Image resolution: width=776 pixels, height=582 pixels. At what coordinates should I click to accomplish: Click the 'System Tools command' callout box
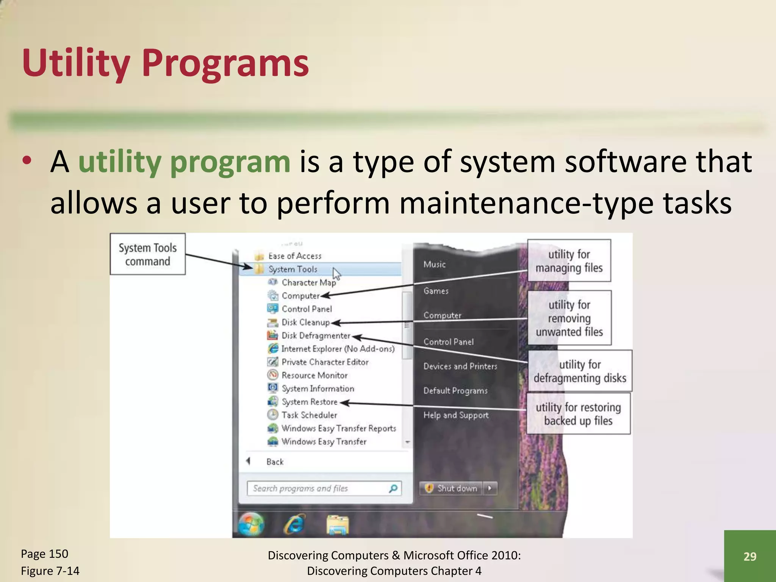tap(147, 254)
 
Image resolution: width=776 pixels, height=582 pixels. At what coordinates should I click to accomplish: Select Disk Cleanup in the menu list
tap(305, 322)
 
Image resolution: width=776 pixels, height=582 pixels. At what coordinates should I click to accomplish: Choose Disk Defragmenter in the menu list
tap(316, 336)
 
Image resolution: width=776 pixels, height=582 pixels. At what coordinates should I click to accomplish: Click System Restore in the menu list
tap(309, 402)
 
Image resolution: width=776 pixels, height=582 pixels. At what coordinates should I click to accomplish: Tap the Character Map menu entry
tap(308, 283)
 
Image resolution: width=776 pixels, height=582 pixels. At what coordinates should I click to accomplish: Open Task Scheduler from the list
tap(309, 415)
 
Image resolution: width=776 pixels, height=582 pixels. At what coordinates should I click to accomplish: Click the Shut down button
tap(452, 488)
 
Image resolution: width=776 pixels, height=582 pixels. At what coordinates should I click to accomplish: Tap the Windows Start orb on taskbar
tap(251, 524)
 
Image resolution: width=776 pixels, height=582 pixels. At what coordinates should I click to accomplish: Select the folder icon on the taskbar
tap(338, 525)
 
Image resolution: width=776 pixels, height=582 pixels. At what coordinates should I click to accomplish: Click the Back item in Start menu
tap(275, 462)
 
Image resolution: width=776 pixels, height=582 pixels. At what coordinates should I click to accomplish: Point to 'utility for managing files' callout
tap(569, 261)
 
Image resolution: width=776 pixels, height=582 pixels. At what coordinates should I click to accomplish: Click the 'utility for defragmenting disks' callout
tap(580, 371)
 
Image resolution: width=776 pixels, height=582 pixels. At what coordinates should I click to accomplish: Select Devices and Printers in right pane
tap(460, 366)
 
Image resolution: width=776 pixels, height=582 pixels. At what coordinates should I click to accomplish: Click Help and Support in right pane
tap(456, 415)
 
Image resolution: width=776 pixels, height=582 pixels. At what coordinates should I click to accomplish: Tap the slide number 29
tap(749, 556)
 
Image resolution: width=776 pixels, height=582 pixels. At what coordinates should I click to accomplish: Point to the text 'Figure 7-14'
tap(50, 571)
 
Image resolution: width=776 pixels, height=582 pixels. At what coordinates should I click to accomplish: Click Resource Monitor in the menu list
tap(314, 375)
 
